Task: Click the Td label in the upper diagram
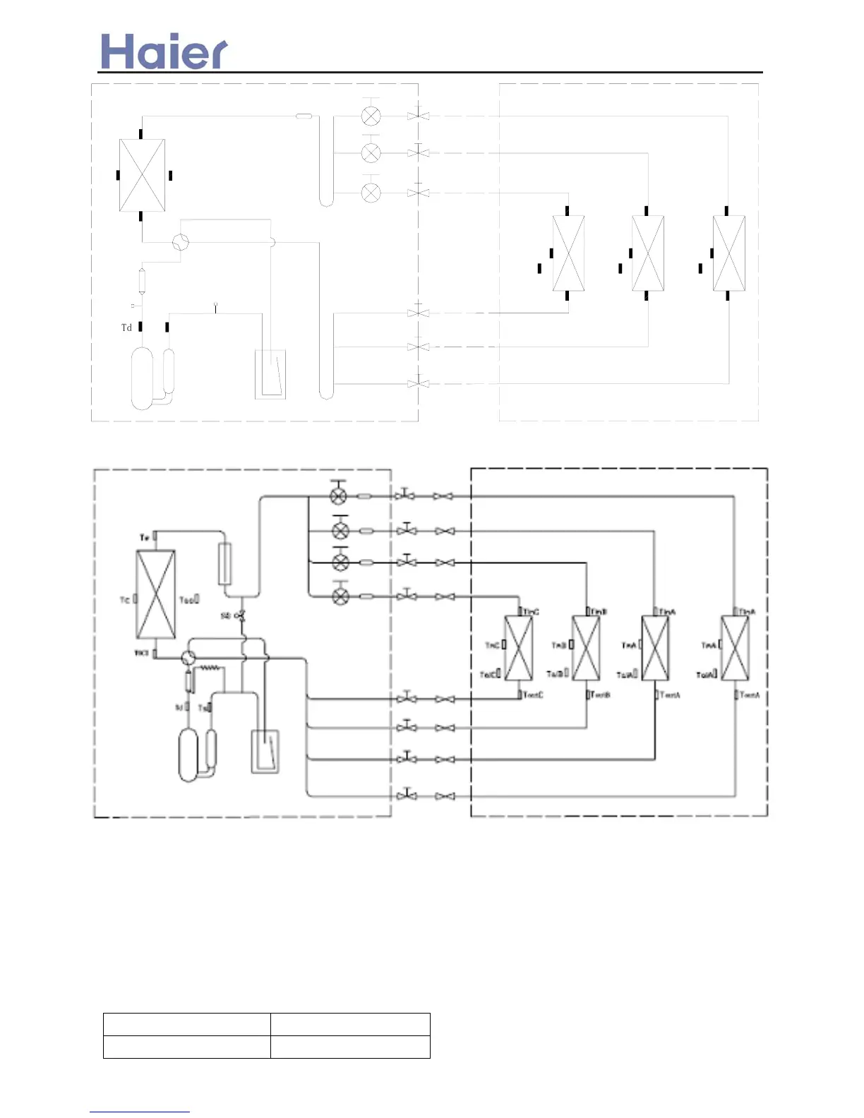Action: pyautogui.click(x=126, y=327)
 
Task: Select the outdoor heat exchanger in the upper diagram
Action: pyautogui.click(x=142, y=175)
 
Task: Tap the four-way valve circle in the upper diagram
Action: pyautogui.click(x=181, y=242)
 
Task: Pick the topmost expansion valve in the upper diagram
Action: pyautogui.click(x=371, y=116)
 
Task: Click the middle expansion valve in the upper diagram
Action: pyautogui.click(x=371, y=152)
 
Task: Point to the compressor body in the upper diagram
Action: pyautogui.click(x=142, y=378)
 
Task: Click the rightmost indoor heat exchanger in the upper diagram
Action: pyautogui.click(x=728, y=253)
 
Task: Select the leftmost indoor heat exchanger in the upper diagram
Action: pyautogui.click(x=568, y=253)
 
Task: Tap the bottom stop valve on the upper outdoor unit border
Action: pyautogui.click(x=418, y=384)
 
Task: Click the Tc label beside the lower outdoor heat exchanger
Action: pyautogui.click(x=125, y=600)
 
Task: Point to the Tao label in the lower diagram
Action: pyautogui.click(x=186, y=600)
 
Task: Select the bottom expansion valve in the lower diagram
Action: pyautogui.click(x=340, y=596)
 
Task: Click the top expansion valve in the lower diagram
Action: pyautogui.click(x=339, y=496)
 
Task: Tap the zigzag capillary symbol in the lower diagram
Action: pyautogui.click(x=210, y=667)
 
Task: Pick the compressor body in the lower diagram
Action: pyautogui.click(x=188, y=755)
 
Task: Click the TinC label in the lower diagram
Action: pyautogui.click(x=531, y=612)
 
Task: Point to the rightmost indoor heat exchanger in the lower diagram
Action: pyautogui.click(x=734, y=648)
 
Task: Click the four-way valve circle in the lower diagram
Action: pyautogui.click(x=188, y=658)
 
